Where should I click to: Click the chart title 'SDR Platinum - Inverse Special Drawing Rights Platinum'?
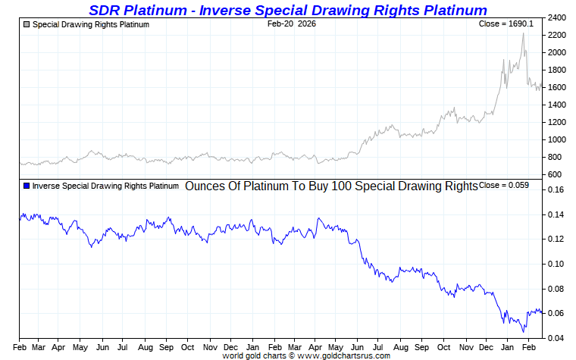click(x=288, y=10)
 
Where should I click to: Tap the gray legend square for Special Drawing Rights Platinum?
click(x=27, y=25)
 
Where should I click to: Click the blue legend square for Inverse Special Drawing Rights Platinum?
click(x=27, y=186)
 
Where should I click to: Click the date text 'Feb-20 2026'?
click(x=292, y=24)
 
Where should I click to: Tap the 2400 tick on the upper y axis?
click(x=557, y=17)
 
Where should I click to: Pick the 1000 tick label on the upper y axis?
click(x=557, y=140)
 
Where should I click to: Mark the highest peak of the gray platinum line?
click(x=523, y=33)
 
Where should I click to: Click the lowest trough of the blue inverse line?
click(x=523, y=332)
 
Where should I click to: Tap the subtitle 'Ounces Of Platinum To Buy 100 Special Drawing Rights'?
click(x=331, y=186)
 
